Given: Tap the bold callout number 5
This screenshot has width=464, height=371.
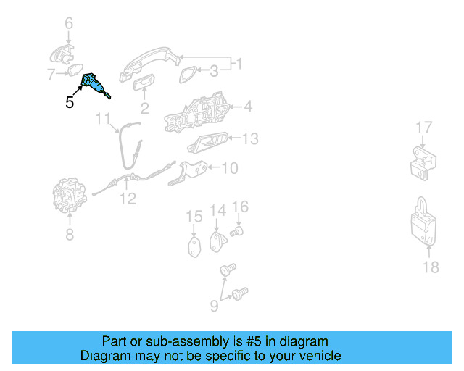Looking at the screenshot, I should (70, 103).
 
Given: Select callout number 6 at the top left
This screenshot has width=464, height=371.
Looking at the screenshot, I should (69, 24).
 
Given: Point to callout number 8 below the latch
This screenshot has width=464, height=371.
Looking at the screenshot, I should (70, 234).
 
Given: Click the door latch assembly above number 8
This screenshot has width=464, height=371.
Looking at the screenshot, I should (70, 195).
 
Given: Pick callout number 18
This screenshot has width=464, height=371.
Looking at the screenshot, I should (431, 267).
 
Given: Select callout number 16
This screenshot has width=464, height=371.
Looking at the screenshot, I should (240, 208).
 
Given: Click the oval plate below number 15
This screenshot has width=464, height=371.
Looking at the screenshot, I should (194, 246).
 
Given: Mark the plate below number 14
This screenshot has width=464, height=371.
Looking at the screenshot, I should (217, 241).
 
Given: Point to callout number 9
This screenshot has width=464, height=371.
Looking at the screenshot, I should (214, 306).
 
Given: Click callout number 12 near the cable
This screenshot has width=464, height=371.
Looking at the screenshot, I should (128, 198).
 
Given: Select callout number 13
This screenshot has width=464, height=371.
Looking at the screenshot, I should (249, 138).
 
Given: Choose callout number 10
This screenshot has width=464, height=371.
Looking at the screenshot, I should (229, 168).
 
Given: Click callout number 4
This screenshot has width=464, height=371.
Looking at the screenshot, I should (247, 107).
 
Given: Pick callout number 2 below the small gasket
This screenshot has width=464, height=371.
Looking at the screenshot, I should (144, 109).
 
